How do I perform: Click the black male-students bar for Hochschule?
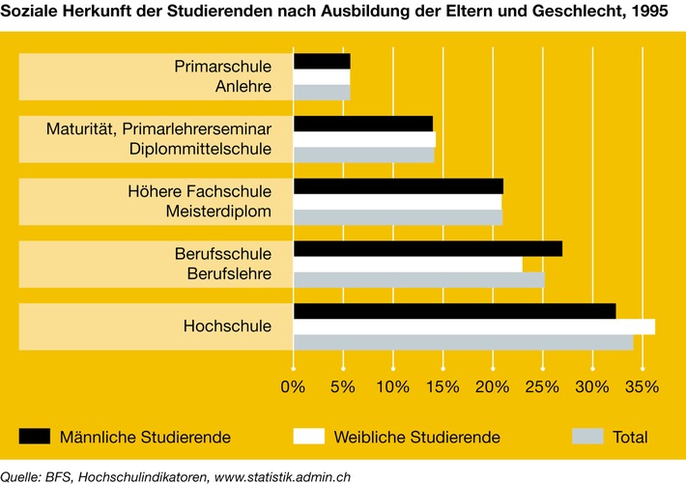coord(454,311)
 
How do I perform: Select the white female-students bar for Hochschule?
coord(473,327)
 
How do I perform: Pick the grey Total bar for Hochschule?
coord(463,342)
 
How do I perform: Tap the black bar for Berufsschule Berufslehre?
coord(427,249)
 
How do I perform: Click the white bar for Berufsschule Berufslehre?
coord(408,264)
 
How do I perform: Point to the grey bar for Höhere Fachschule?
coord(397,217)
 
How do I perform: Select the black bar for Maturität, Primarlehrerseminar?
coord(362,124)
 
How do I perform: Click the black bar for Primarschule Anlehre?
coord(322,61)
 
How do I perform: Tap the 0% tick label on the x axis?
coord(292,386)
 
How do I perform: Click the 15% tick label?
coord(443,386)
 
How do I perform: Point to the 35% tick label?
coord(643,386)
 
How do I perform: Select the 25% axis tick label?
coord(543,386)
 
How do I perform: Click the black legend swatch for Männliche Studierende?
coord(35,437)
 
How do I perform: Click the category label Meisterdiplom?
coord(219,212)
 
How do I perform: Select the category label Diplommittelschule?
coord(201,149)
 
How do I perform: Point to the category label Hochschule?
coord(227,327)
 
